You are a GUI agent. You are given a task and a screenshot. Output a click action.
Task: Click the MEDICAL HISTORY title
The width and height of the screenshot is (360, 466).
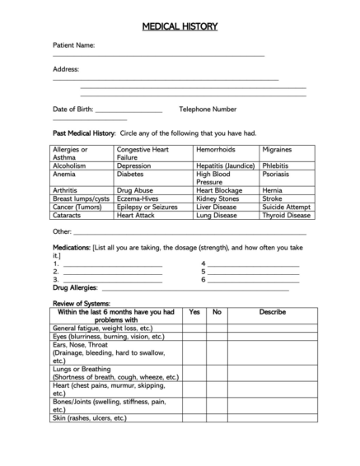pos(180,26)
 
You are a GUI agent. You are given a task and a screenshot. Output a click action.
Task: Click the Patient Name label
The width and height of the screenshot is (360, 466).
pos(73,45)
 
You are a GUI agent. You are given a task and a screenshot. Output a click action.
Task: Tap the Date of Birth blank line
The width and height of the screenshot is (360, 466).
pos(129,110)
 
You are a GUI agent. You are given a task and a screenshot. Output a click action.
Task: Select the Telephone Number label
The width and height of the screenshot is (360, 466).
pos(208,109)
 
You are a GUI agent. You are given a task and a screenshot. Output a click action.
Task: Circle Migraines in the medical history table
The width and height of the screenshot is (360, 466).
pos(277,150)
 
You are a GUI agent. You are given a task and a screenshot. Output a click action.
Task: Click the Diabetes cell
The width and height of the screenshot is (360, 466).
pos(130,175)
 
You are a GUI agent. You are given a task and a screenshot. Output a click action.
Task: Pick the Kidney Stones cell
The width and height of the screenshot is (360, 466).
pos(217,198)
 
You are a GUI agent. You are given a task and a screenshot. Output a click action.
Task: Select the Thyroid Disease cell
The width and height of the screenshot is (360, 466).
pos(286,215)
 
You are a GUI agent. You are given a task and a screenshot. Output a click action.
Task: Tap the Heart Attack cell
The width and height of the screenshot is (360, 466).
pos(136,215)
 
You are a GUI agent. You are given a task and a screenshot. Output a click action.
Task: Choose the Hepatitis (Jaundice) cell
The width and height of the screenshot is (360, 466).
pos(225,165)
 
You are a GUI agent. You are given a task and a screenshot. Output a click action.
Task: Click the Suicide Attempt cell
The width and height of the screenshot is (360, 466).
pos(286,207)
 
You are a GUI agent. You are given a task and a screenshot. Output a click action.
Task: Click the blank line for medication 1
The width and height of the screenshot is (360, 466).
pos(113,264)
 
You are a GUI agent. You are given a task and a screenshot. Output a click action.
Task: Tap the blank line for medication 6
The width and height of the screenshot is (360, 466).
pos(253,279)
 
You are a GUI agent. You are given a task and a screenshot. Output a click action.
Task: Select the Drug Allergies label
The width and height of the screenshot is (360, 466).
pos(75,287)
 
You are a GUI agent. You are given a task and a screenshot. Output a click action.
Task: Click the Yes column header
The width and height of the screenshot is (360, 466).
pos(194,312)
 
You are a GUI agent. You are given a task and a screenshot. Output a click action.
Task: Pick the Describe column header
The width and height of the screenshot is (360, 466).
pos(272,312)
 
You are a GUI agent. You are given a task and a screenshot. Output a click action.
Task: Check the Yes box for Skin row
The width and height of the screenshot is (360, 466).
pos(194,418)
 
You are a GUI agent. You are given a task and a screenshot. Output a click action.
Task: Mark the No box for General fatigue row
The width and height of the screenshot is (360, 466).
pos(217,328)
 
